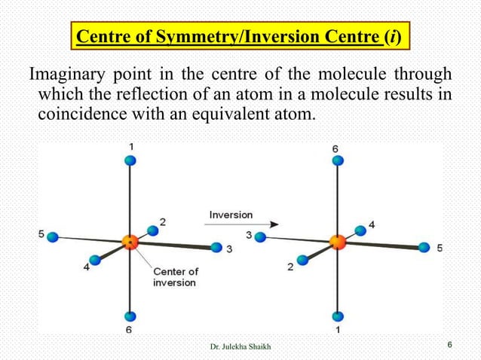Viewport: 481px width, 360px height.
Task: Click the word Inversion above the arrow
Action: click(x=232, y=215)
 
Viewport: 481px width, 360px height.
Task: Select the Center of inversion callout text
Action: click(x=175, y=276)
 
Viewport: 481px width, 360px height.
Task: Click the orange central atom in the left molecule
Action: click(x=130, y=242)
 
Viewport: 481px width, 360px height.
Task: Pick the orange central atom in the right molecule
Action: click(x=337, y=242)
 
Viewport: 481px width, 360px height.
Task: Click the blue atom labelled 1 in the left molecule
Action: click(x=130, y=160)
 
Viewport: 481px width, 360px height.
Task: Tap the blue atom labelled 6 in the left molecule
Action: click(x=130, y=317)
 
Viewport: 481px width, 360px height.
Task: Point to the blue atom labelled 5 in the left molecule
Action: click(x=53, y=236)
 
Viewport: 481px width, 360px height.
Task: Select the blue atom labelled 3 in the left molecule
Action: click(x=217, y=247)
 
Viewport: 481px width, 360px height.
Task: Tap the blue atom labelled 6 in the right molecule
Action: click(x=338, y=160)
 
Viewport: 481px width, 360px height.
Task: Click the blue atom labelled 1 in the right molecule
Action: click(x=338, y=317)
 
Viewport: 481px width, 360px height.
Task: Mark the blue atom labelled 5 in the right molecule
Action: click(x=424, y=247)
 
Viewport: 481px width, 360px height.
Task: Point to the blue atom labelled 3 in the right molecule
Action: click(x=260, y=236)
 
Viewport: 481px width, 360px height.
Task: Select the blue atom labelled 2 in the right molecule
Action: click(x=303, y=260)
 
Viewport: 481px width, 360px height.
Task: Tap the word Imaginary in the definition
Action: click(x=66, y=76)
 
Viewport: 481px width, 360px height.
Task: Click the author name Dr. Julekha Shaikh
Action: click(x=240, y=346)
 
